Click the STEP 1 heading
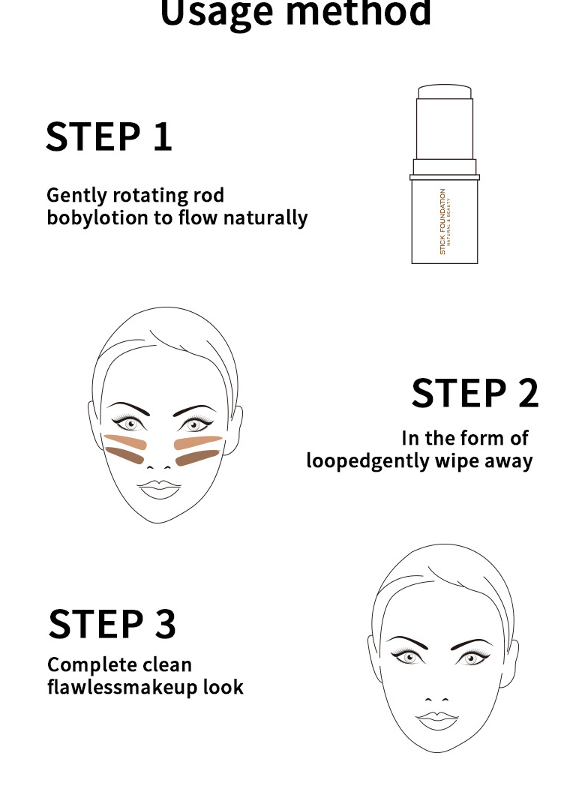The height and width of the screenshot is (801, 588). (109, 137)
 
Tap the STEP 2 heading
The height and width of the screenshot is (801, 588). (475, 393)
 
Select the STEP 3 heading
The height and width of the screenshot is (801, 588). (112, 624)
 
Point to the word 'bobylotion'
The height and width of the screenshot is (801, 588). (97, 217)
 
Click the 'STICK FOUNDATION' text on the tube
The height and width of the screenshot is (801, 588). (442, 221)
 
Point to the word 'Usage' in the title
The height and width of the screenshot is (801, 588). (217, 11)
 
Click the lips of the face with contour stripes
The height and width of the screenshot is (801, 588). (159, 489)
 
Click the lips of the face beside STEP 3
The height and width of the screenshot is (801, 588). (437, 720)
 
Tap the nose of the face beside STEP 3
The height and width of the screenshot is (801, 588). (436, 699)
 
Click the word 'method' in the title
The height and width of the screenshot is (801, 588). (358, 11)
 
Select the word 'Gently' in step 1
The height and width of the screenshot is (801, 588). (76, 196)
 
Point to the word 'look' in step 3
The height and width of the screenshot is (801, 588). (223, 687)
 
